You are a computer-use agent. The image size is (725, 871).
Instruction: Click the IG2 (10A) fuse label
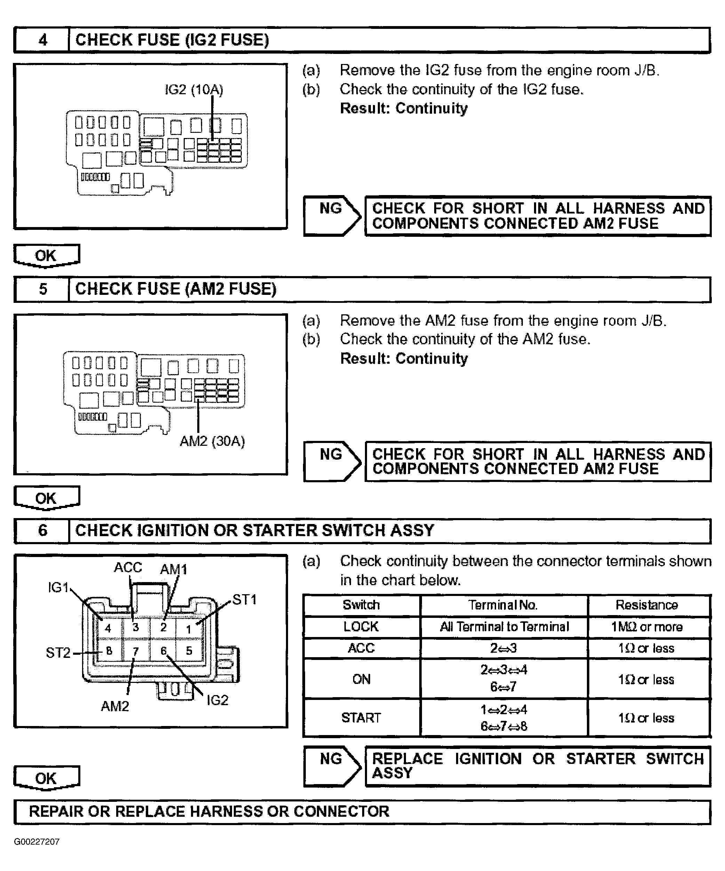point(194,90)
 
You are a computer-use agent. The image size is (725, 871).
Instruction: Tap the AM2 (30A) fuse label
point(212,441)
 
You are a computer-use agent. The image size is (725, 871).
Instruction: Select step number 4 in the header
point(43,40)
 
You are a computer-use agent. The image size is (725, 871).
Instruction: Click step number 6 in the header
point(43,531)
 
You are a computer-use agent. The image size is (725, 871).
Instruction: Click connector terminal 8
point(109,651)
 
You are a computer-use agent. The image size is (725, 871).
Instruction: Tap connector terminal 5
point(189,651)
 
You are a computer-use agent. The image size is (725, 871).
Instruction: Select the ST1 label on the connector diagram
point(245,600)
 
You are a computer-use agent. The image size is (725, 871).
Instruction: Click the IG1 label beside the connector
point(58,587)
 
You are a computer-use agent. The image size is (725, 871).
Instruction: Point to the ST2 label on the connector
point(58,653)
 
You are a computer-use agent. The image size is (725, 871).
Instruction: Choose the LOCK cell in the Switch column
point(361,627)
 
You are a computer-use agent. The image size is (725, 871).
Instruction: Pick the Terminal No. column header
point(503,605)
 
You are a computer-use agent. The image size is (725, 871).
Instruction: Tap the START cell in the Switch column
point(361,718)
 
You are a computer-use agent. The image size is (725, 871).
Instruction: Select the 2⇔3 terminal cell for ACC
point(503,648)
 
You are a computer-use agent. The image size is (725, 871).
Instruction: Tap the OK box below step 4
point(46,256)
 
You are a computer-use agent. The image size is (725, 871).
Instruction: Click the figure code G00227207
point(37,841)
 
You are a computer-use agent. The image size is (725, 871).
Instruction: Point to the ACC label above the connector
point(128,567)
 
